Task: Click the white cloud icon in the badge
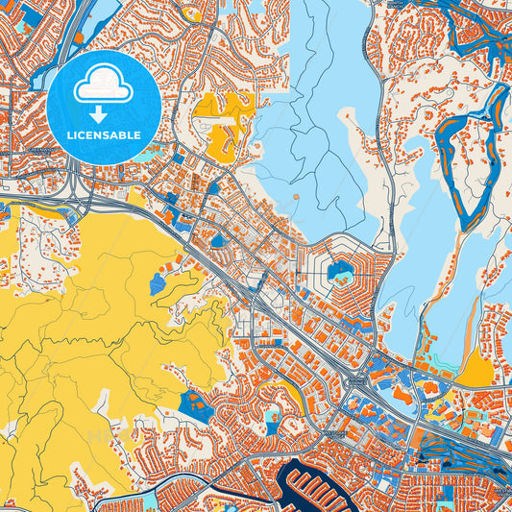click(103, 86)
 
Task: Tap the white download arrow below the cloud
click(103, 114)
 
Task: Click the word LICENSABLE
click(103, 135)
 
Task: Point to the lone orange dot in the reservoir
click(296, 197)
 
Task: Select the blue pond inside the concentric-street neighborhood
click(339, 272)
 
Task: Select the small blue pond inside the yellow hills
click(157, 284)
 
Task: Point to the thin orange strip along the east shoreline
click(470, 327)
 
